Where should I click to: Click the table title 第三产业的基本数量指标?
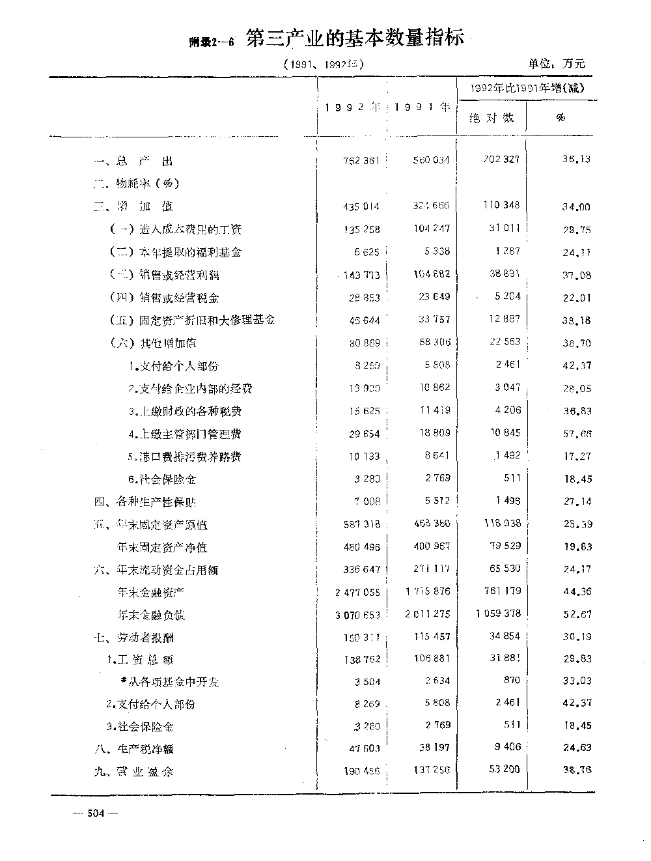point(355,39)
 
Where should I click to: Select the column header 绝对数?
point(492,118)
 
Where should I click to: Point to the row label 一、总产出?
point(133,161)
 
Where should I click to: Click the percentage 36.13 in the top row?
point(576,159)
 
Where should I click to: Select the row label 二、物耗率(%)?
point(136,184)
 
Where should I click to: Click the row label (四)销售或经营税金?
point(164,298)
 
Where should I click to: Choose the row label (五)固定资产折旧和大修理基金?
point(191,320)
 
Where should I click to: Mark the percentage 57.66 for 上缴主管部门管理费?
point(577,434)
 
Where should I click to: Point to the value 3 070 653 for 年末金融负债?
point(357,615)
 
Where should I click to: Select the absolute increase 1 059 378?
point(498,614)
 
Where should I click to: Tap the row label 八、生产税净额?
point(133,749)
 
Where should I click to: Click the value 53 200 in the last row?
point(504,769)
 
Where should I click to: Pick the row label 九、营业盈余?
point(133,772)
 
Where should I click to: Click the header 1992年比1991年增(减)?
point(527,88)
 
